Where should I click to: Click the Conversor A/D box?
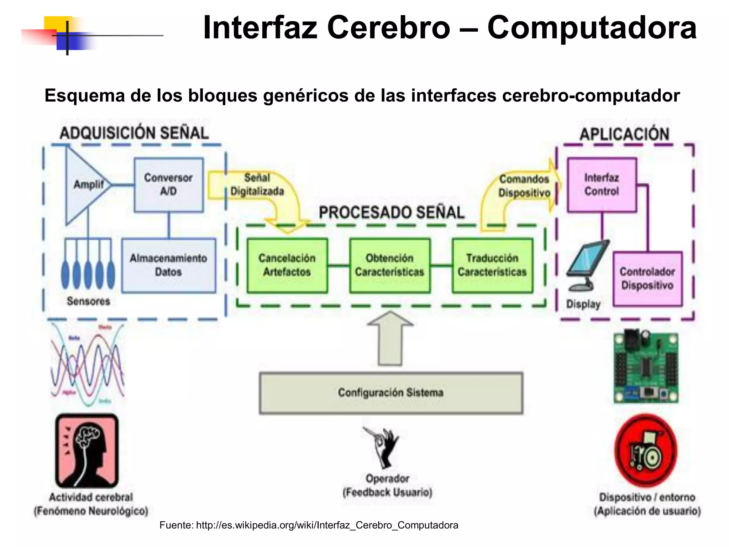pyautogui.click(x=168, y=185)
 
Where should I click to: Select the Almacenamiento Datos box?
pyautogui.click(x=168, y=265)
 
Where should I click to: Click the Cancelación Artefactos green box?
pyautogui.click(x=287, y=265)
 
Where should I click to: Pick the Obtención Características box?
pyautogui.click(x=389, y=265)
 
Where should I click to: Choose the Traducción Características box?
pyautogui.click(x=492, y=265)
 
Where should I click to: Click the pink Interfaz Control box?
pyautogui.click(x=602, y=185)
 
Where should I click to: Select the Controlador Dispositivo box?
pyautogui.click(x=647, y=278)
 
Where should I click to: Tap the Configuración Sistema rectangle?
pyautogui.click(x=391, y=393)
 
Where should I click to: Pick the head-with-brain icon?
pyautogui.click(x=87, y=451)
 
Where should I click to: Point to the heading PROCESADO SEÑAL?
pyautogui.click(x=392, y=213)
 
